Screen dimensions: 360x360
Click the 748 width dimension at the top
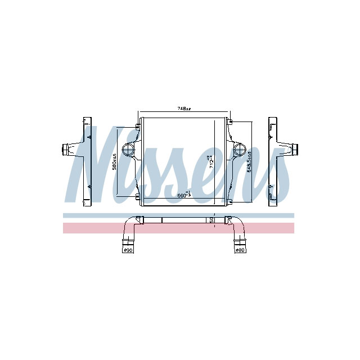click(x=184, y=108)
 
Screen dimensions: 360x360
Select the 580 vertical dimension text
click(x=114, y=161)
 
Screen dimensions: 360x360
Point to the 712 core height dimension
click(x=210, y=162)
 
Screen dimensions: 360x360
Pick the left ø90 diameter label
click(x=128, y=249)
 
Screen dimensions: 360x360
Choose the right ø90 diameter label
click(x=241, y=249)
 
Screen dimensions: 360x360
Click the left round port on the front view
click(x=128, y=150)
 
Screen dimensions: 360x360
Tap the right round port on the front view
click(x=240, y=150)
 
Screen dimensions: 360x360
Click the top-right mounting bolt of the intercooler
click(x=230, y=121)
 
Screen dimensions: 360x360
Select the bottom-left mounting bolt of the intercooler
click(x=137, y=196)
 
